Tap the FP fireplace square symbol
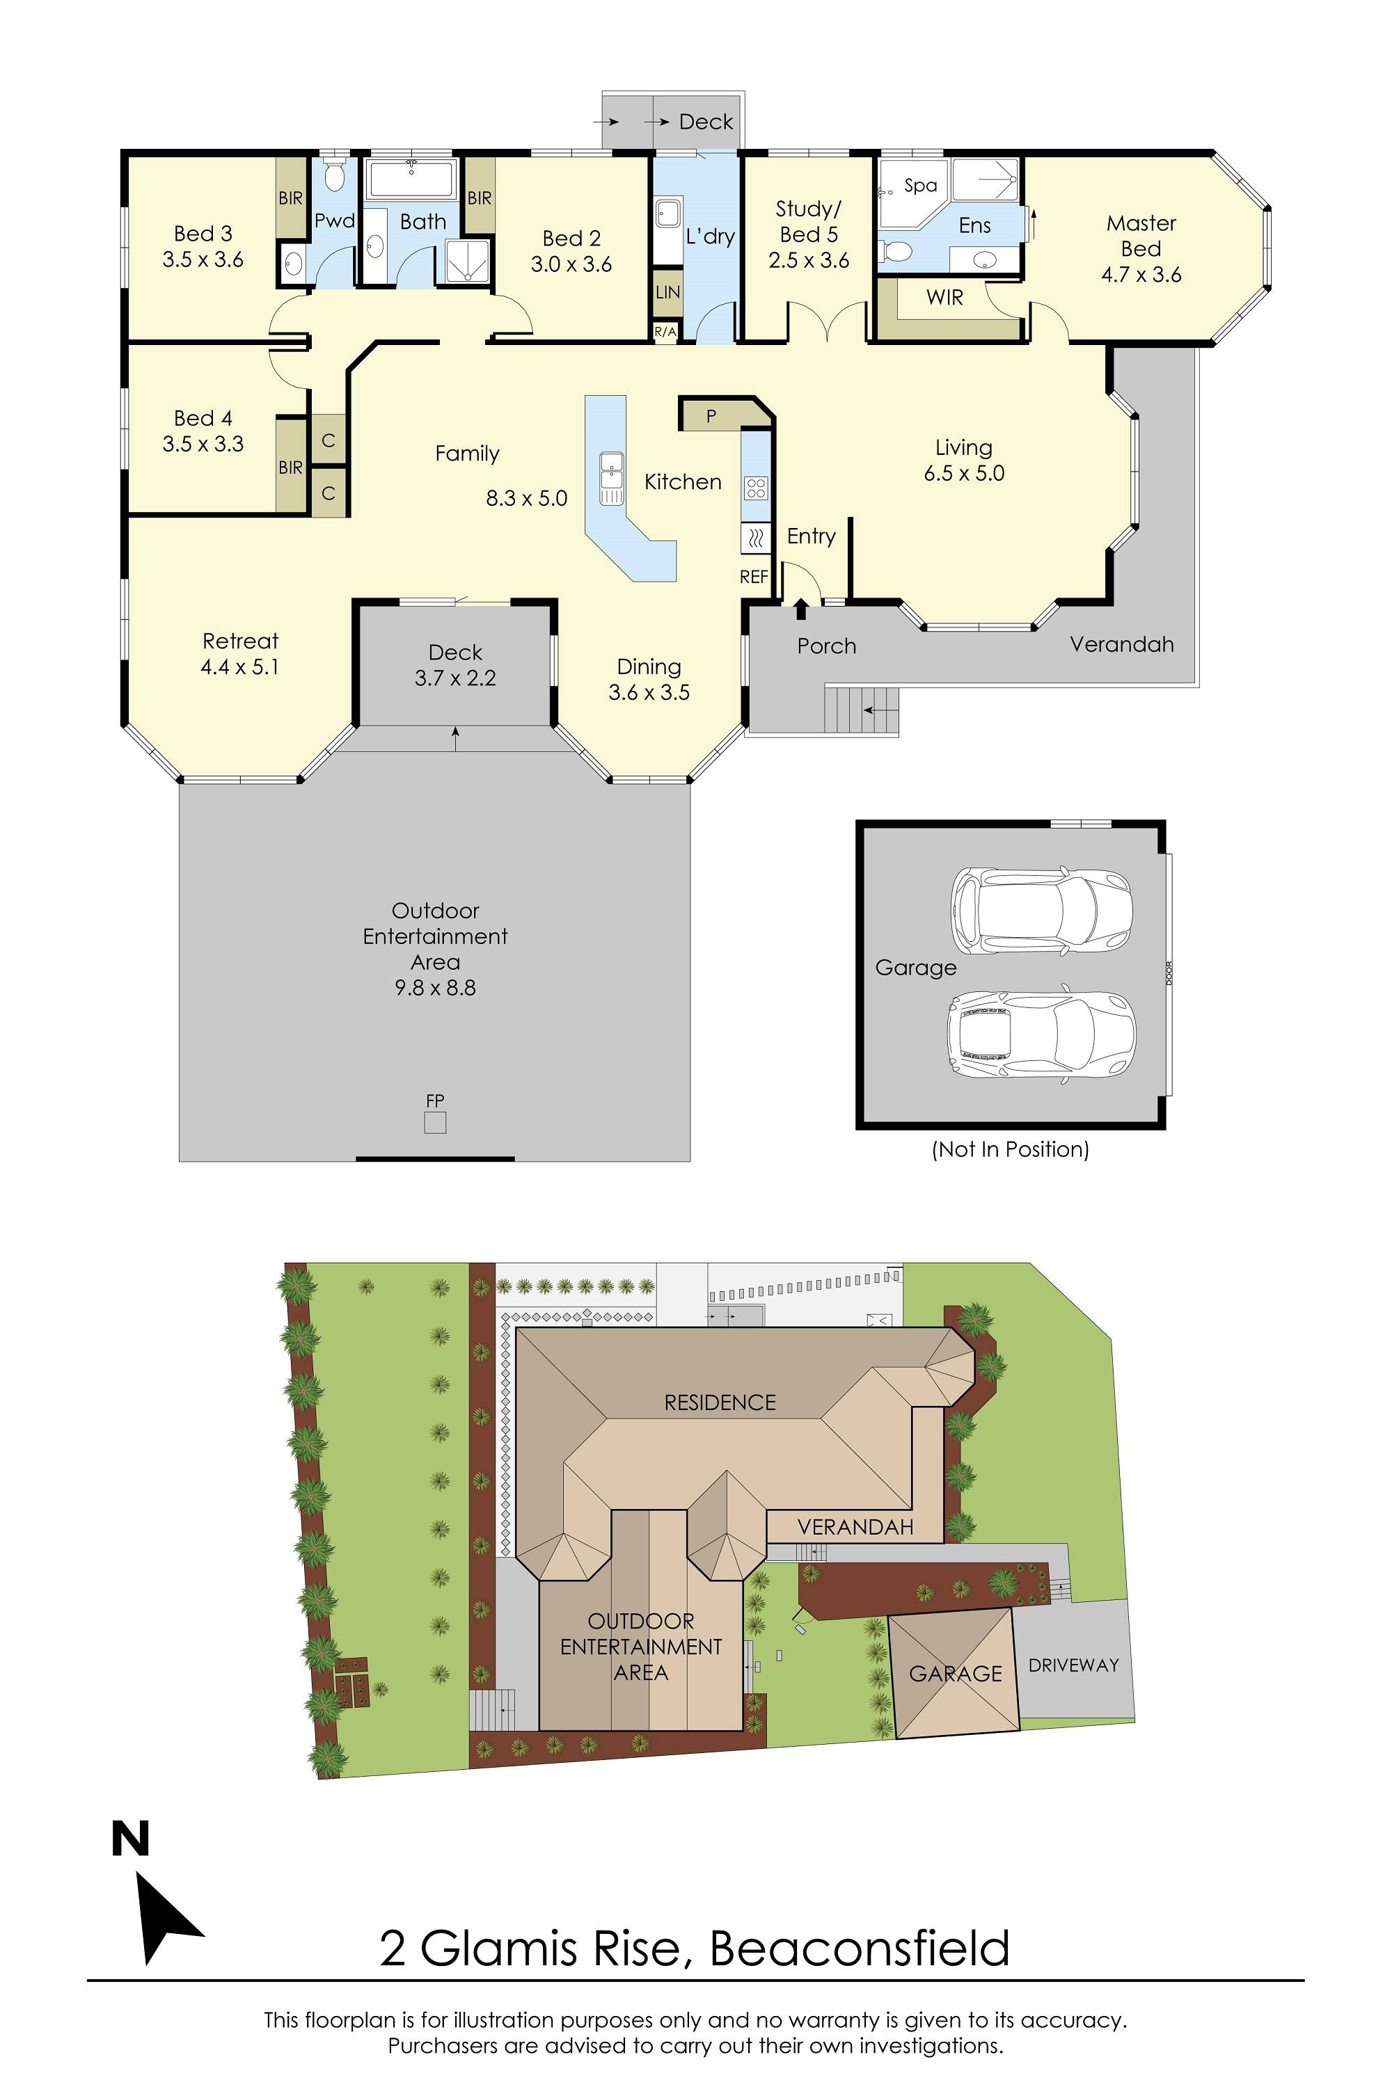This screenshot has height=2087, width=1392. click(x=435, y=1123)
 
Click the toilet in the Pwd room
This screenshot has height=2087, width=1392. click(x=334, y=176)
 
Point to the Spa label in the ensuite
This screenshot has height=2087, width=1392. click(x=921, y=186)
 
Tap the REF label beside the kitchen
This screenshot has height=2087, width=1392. click(x=754, y=577)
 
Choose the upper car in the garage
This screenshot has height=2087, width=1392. click(x=1041, y=911)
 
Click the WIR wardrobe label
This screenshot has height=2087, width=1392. click(x=944, y=298)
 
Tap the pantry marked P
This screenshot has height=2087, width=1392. click(x=711, y=415)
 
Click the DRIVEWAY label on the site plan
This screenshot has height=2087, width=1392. click(x=1073, y=1665)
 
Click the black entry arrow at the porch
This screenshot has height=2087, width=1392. click(x=801, y=608)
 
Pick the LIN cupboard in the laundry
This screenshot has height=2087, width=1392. click(x=667, y=292)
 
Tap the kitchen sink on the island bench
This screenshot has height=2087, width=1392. click(x=611, y=477)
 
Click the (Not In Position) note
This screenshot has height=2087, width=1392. click(x=1011, y=1149)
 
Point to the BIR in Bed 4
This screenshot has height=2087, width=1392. click(x=290, y=467)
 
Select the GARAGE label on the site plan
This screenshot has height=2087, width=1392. click(x=955, y=1674)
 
